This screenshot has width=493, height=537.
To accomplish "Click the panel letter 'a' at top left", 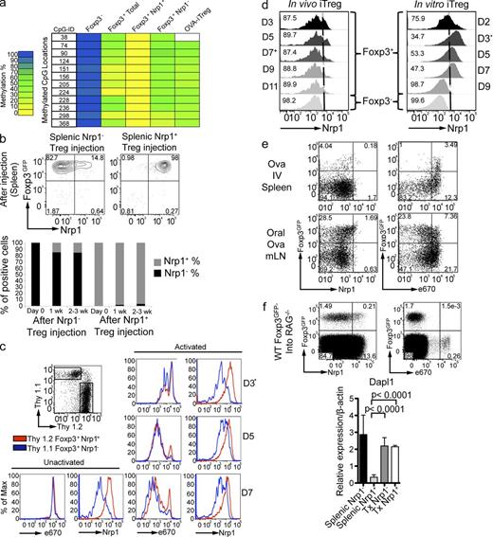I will [6, 9].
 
